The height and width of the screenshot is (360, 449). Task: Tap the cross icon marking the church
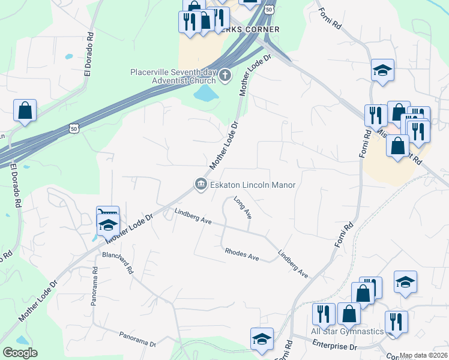tap(225, 76)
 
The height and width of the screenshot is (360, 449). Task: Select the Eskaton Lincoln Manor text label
tap(253, 185)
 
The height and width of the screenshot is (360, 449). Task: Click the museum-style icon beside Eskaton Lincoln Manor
tap(199, 185)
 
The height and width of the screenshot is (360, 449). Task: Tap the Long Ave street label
tap(242, 208)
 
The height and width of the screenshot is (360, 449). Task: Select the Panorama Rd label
tap(94, 287)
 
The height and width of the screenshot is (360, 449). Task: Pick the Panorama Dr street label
tap(137, 340)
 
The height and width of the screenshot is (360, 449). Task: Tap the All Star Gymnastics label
tap(347, 331)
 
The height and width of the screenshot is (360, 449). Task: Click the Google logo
tap(20, 352)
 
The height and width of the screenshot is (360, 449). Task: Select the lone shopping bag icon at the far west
tap(25, 110)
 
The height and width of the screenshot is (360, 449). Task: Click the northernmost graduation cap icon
tap(382, 70)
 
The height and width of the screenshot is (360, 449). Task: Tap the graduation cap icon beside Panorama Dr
tap(262, 339)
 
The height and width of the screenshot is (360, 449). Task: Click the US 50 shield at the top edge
tap(270, 10)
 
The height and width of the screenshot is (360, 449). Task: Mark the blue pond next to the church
tap(206, 93)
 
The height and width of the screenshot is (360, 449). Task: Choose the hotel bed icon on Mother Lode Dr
tap(107, 213)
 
